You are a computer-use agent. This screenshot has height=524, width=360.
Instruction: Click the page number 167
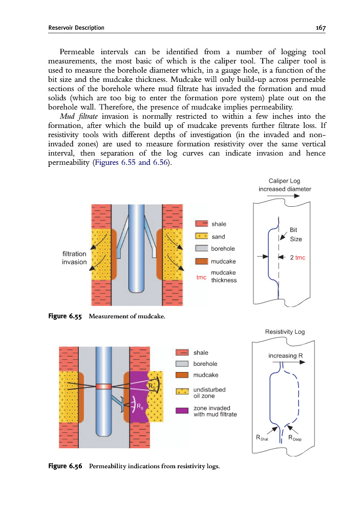tap(321, 28)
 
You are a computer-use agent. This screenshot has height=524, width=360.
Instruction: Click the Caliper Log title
tap(284, 181)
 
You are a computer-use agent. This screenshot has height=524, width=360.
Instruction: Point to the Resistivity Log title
tap(285, 332)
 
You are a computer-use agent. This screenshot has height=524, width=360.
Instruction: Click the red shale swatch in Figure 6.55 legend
tap(202, 224)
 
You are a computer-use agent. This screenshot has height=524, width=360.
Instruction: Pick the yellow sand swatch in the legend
tap(202, 236)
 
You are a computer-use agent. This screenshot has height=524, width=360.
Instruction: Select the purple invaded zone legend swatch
tap(182, 410)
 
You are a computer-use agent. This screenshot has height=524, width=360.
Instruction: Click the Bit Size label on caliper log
tap(295, 235)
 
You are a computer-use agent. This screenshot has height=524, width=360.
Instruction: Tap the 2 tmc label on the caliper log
tap(297, 257)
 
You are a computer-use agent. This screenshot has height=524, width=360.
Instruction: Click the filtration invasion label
tap(74, 257)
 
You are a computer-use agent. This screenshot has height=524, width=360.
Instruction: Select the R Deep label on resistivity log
tap(295, 438)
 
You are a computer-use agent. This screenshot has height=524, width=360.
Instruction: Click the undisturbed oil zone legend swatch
tap(182, 392)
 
